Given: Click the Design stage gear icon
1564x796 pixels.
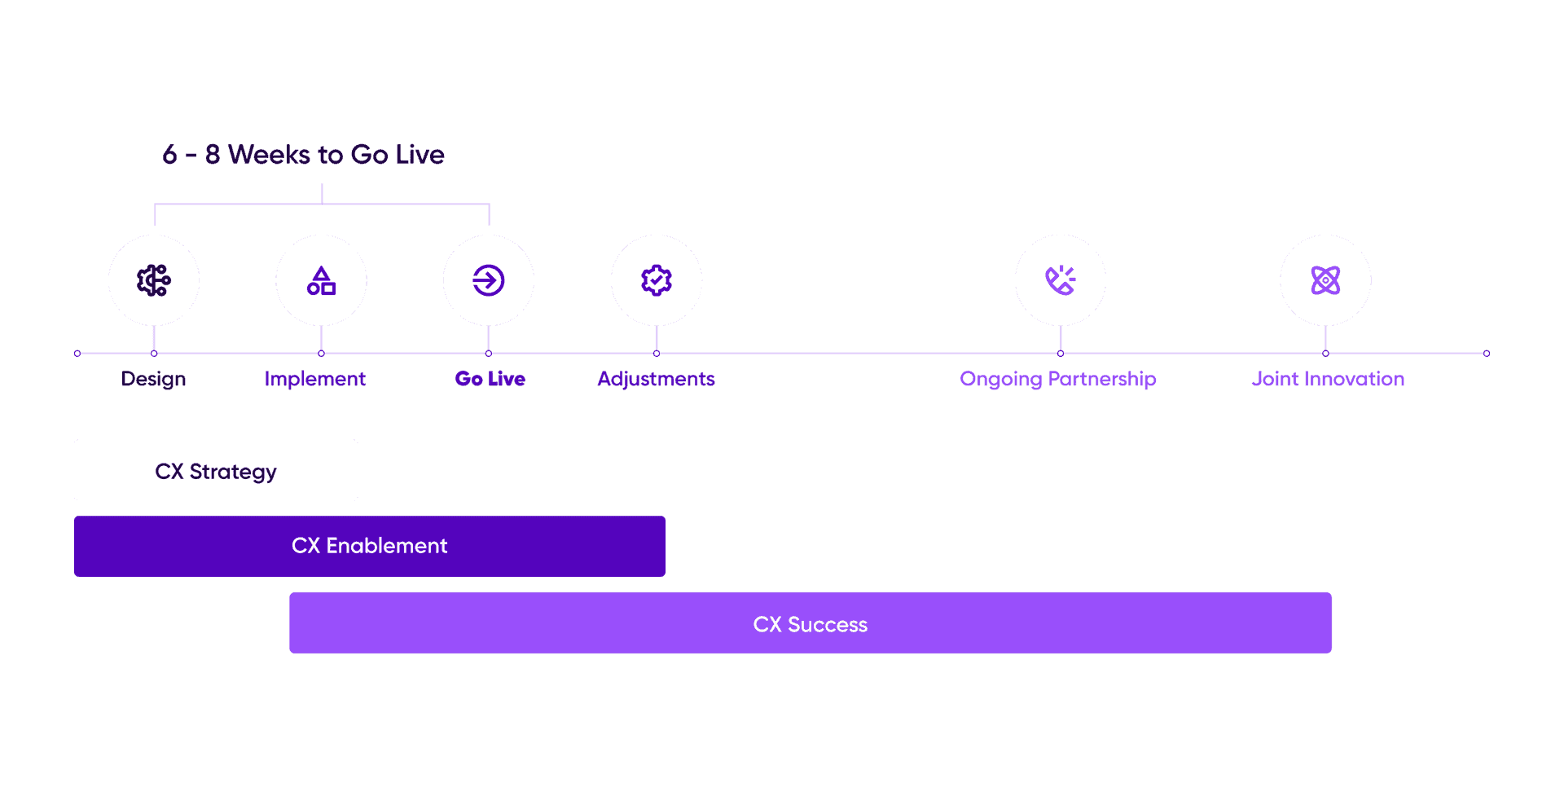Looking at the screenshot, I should click(x=154, y=280).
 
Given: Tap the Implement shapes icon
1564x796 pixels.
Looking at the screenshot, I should click(x=321, y=280).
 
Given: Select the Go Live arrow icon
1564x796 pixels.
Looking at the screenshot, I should click(x=489, y=280).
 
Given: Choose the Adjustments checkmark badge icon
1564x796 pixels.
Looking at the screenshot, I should click(x=657, y=280).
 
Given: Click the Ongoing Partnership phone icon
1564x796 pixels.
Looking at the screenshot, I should click(x=1061, y=280).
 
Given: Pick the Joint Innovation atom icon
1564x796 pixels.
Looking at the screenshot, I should click(x=1325, y=280).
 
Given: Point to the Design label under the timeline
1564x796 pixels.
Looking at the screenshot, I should click(x=154, y=379).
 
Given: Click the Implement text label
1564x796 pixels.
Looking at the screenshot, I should click(x=315, y=379).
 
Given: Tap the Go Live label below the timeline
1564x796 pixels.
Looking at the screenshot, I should click(x=490, y=379).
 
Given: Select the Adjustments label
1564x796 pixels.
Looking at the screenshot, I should click(x=657, y=379).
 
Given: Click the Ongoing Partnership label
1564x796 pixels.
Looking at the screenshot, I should click(x=1058, y=379).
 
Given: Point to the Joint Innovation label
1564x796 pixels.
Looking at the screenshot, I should click(x=1328, y=379).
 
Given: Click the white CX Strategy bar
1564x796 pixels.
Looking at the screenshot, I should click(x=216, y=470).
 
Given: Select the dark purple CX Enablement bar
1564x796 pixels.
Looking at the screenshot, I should click(x=370, y=546).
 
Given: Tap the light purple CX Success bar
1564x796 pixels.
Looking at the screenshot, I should click(x=811, y=623).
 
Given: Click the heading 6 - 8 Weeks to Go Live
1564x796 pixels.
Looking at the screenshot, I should click(x=303, y=154).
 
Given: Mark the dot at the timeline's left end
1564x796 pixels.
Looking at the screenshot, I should click(x=77, y=354).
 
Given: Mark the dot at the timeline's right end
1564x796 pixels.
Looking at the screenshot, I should click(x=1487, y=354).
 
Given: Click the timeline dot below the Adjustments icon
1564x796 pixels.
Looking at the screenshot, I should click(x=657, y=354).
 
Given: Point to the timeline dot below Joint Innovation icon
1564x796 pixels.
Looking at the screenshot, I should click(x=1325, y=354).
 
